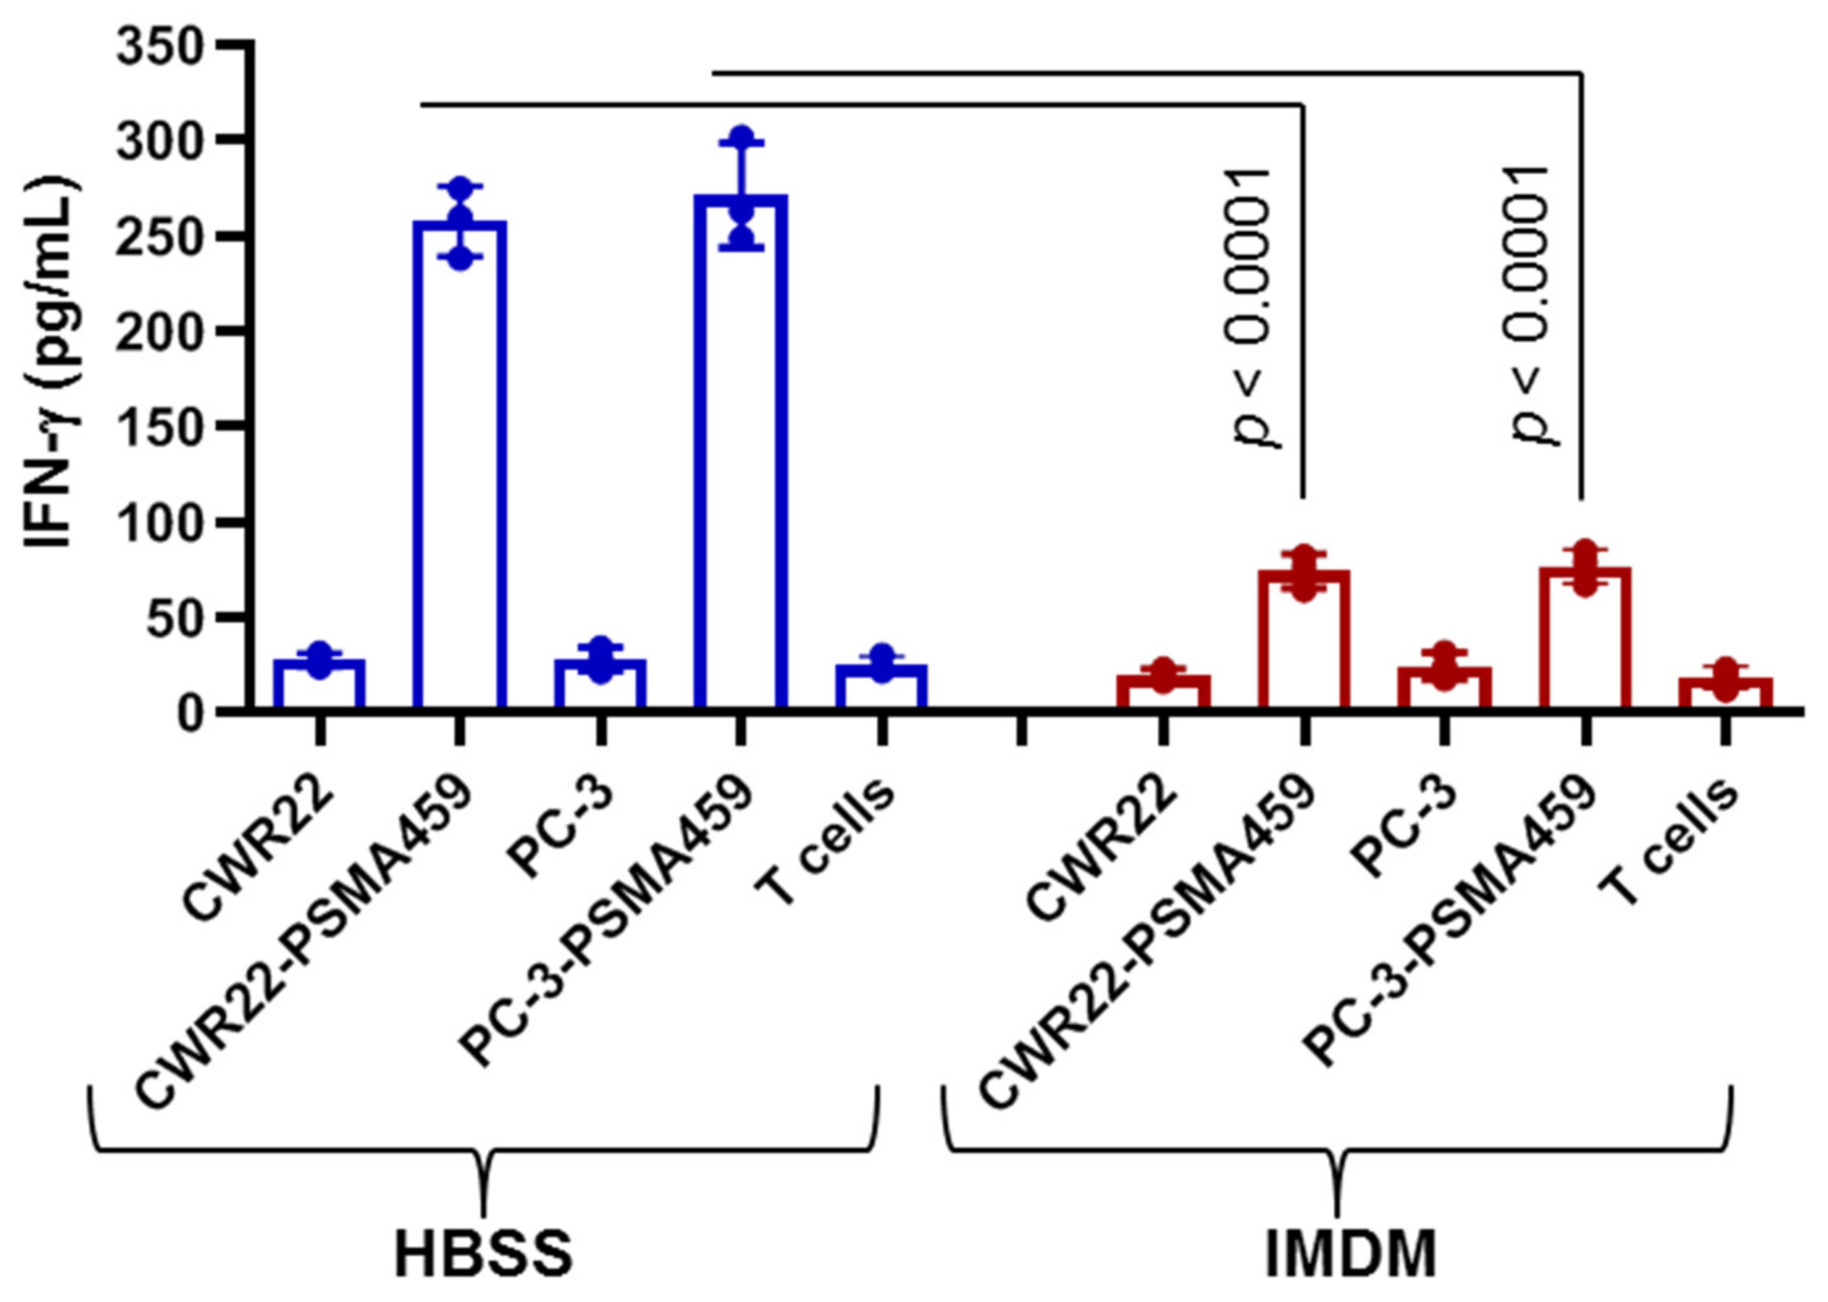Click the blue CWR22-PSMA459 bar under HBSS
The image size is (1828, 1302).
pos(460,465)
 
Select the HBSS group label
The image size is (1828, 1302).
pos(483,1254)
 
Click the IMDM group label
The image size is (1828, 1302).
pos(1350,1254)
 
